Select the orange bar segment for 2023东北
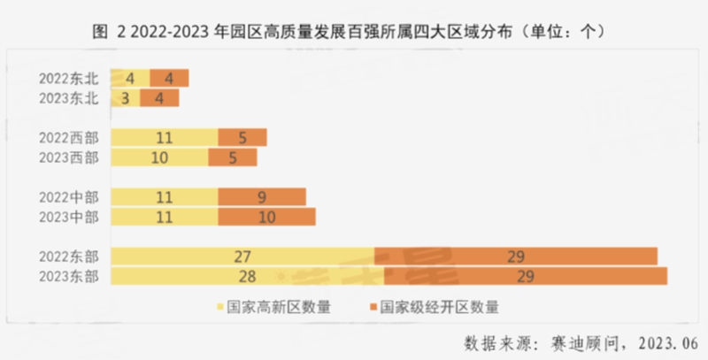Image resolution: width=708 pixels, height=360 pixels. click(x=159, y=97)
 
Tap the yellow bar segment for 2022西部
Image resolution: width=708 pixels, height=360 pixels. click(x=165, y=138)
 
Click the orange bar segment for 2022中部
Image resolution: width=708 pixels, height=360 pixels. click(x=262, y=197)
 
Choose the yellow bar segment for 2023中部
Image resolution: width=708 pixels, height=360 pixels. click(x=165, y=217)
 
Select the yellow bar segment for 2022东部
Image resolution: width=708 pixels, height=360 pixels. click(x=243, y=257)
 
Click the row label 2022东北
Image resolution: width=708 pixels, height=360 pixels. click(x=70, y=78)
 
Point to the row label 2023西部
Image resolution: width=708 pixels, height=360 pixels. click(x=70, y=157)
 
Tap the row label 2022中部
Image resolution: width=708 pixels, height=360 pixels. click(x=70, y=197)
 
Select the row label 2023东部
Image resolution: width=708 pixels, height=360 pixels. click(x=70, y=276)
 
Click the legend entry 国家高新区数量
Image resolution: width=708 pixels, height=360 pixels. click(x=273, y=308)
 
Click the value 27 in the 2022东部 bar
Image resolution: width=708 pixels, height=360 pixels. click(x=243, y=257)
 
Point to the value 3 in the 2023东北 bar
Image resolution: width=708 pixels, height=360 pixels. click(x=126, y=97)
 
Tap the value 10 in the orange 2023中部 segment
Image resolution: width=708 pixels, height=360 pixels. click(x=266, y=217)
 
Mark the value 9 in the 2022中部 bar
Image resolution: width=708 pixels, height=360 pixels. click(x=262, y=197)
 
